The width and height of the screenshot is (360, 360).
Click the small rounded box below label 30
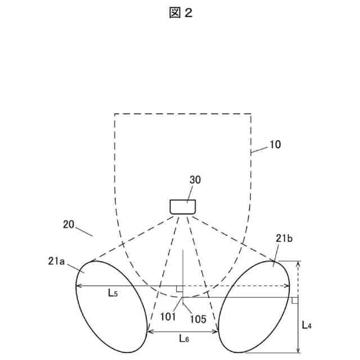pyautogui.click(x=183, y=206)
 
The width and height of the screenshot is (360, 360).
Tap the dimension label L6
pyautogui.click(x=184, y=339)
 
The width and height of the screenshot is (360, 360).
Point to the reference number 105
pyautogui.click(x=197, y=318)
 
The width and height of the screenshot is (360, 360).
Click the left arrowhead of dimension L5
pyautogui.click(x=78, y=286)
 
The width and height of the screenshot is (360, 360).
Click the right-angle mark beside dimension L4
pyautogui.click(x=294, y=300)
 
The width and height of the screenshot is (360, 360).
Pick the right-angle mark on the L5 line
pyautogui.click(x=179, y=289)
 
